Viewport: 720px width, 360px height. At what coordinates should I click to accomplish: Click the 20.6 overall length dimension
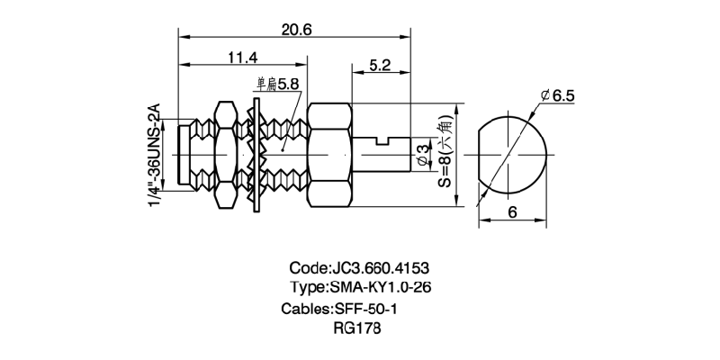[x=296, y=29]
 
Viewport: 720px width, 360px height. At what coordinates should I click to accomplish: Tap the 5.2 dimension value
[x=379, y=66]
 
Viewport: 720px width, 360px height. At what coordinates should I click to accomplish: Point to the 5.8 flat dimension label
[x=288, y=85]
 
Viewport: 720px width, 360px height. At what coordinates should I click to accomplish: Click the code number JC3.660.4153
[x=380, y=268]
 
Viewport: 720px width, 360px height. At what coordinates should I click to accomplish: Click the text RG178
[x=357, y=328]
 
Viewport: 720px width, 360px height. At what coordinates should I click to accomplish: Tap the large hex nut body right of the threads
[x=334, y=153]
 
